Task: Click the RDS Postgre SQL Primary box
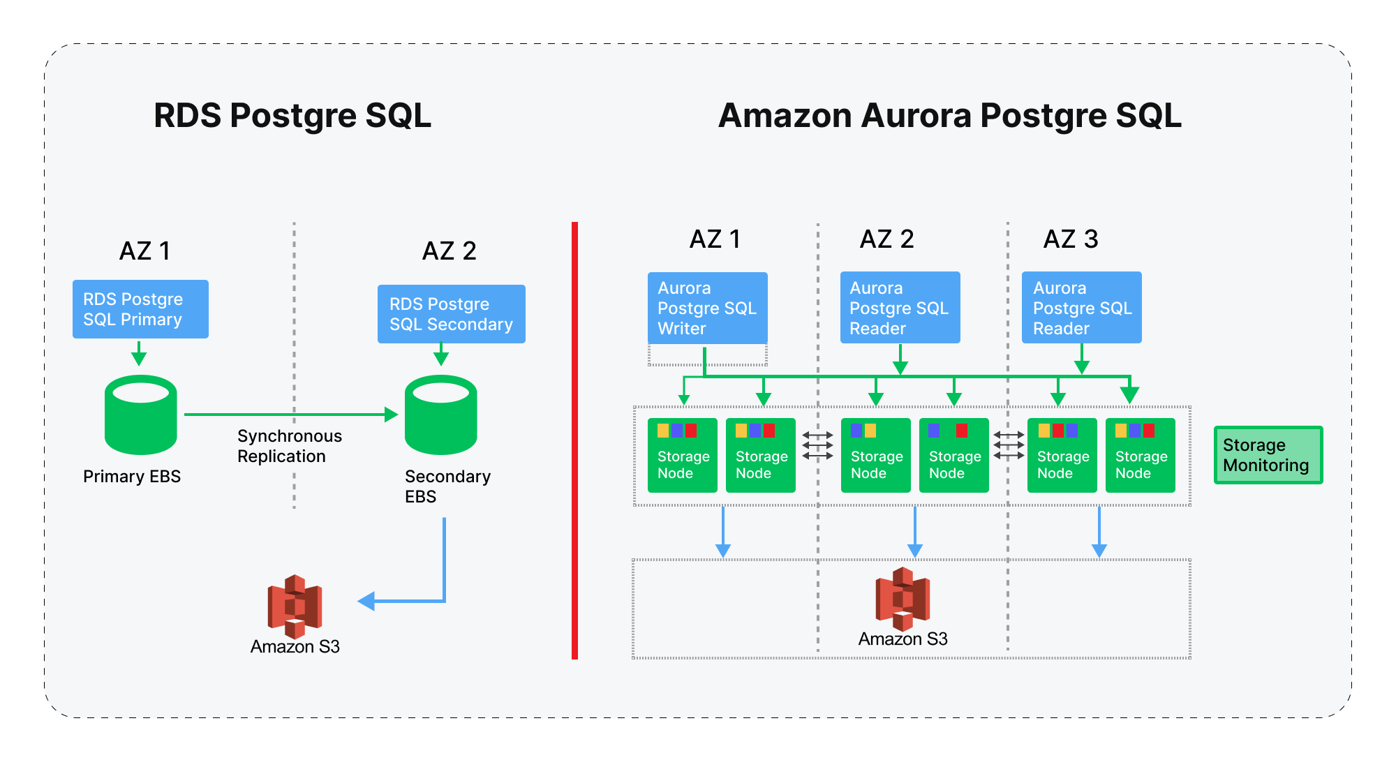tap(140, 309)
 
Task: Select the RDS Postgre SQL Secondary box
tap(451, 314)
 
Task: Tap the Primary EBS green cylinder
tap(140, 415)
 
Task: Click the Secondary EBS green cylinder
tap(440, 415)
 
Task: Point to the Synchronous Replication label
tap(289, 446)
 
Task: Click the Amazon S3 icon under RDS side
tap(295, 606)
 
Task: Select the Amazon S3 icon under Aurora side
tap(903, 599)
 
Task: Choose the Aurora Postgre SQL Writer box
tap(707, 308)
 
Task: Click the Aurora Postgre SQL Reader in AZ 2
tap(900, 308)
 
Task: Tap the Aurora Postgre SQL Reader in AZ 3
tap(1081, 308)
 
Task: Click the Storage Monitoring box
tap(1268, 455)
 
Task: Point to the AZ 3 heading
tap(1070, 239)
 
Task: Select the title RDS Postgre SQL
tap(292, 115)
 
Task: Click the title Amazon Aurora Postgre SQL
tap(949, 115)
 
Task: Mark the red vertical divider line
tap(574, 440)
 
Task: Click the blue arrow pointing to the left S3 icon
tap(419, 600)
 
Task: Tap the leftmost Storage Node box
tap(682, 455)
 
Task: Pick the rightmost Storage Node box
tap(1140, 455)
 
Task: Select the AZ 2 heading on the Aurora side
tap(886, 239)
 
